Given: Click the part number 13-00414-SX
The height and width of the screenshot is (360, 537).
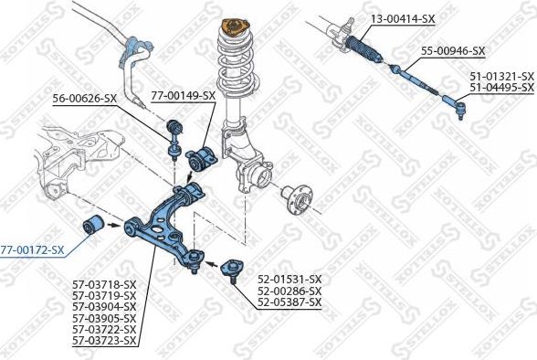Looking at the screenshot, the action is pos(403,19).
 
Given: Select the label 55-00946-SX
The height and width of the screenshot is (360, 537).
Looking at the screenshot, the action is pos(453,51).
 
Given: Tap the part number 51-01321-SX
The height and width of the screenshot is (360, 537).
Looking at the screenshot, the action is pos(501,76).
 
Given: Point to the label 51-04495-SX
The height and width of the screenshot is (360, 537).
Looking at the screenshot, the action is pos(501,88).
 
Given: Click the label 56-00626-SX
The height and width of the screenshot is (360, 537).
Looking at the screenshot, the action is pos(85,99).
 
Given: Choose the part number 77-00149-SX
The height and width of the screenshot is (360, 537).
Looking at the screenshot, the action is pos(184,96).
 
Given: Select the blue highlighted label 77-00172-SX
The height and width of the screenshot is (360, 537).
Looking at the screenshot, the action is pos(32,250).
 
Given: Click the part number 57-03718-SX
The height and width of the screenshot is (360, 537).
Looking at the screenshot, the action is pos(104,284).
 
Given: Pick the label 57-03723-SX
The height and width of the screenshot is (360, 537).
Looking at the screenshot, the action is pos(104,341).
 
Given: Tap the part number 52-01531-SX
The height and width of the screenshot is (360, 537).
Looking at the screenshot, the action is pos(290,280).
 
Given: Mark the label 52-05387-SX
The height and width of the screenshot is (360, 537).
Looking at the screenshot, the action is pos(290,302).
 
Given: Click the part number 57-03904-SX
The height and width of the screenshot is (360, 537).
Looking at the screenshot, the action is pos(104,307).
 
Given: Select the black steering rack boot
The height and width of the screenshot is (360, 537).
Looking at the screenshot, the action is pos(363,50).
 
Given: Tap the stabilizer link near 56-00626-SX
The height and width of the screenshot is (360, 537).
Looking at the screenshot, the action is pos(174,140).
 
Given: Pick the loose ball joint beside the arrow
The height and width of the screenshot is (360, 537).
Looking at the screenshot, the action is pos(233,270).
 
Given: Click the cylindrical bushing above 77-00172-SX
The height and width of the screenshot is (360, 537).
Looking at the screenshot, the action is pos(93,226).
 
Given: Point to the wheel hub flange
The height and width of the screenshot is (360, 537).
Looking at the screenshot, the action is pos(297,200).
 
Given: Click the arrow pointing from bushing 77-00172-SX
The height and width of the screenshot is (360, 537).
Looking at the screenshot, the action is pos(114,225).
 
